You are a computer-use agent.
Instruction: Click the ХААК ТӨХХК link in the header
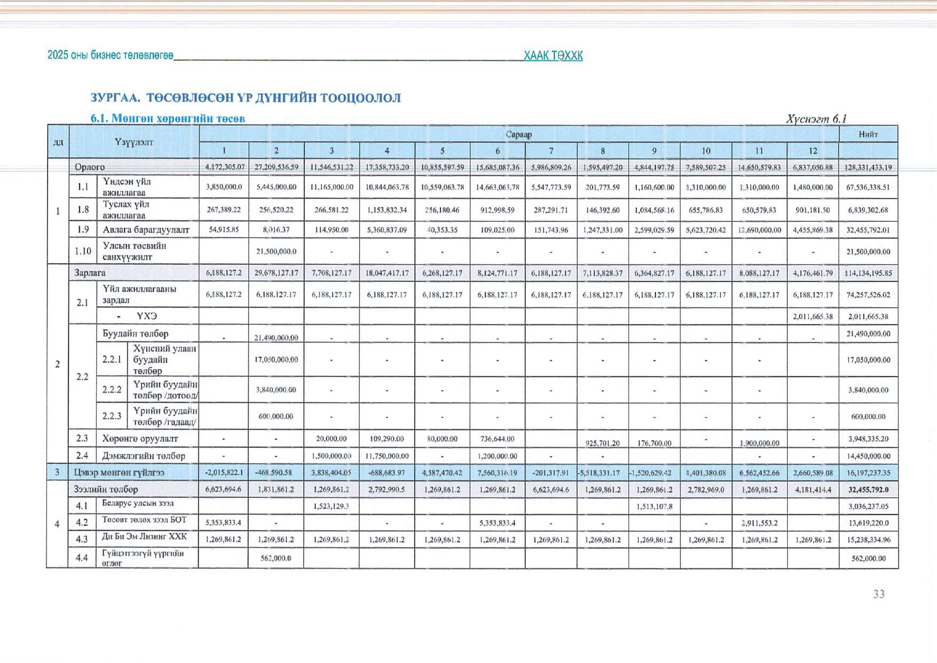click(x=553, y=56)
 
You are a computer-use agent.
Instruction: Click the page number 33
click(x=879, y=594)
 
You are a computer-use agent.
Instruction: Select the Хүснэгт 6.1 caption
click(x=816, y=119)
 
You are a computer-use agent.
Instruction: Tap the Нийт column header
click(x=868, y=134)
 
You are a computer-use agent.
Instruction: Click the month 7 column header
click(x=551, y=151)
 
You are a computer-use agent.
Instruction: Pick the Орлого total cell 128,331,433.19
click(x=868, y=167)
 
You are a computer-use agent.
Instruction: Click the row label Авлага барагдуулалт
click(x=146, y=230)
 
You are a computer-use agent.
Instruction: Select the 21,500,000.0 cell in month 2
click(x=276, y=252)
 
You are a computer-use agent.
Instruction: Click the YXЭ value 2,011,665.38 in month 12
click(x=812, y=316)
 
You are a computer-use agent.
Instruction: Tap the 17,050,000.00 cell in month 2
click(x=276, y=360)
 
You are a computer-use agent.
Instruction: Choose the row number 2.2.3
click(x=112, y=416)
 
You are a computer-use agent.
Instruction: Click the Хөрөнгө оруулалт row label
click(x=140, y=439)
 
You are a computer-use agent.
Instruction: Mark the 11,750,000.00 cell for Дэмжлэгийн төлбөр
click(x=386, y=456)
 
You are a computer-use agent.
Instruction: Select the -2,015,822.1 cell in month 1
click(x=223, y=473)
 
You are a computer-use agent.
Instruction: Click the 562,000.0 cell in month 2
click(x=276, y=558)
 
